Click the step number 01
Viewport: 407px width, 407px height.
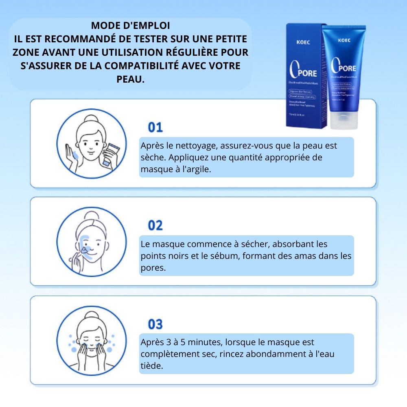tap(155, 127)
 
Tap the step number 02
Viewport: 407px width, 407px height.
tap(155, 225)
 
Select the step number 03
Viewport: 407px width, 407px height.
tap(155, 324)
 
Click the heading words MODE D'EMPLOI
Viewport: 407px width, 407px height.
tap(130, 25)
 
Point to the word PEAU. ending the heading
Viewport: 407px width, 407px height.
tap(130, 79)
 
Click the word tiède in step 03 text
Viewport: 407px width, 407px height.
tap(151, 365)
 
